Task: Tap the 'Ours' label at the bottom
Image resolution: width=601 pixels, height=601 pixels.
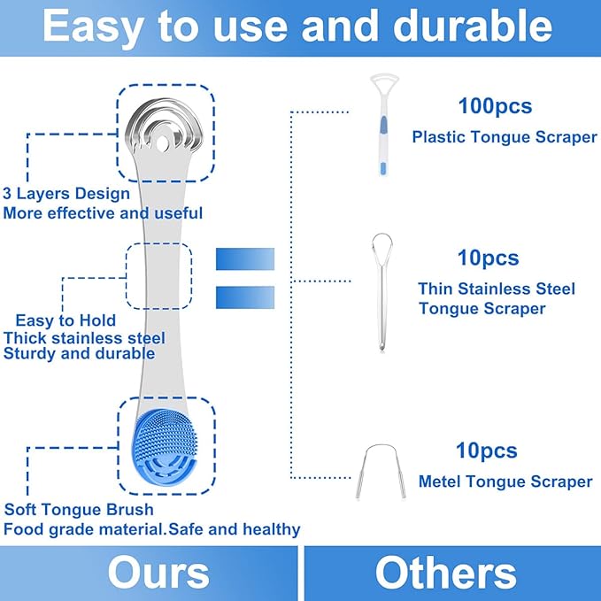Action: click(x=158, y=573)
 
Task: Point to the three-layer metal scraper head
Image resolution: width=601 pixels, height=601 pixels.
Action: click(x=164, y=130)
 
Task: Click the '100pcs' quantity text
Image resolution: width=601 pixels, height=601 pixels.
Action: click(x=495, y=106)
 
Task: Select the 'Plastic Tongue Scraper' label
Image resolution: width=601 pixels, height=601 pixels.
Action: click(x=504, y=137)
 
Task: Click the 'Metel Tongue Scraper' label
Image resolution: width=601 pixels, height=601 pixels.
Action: click(x=504, y=482)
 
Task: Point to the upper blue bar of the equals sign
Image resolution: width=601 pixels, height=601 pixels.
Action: click(x=245, y=259)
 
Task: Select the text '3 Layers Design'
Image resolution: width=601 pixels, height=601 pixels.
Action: click(x=66, y=193)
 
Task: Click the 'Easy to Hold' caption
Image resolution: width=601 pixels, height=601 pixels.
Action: click(x=65, y=320)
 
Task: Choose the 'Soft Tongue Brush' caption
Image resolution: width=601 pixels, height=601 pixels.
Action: click(x=79, y=510)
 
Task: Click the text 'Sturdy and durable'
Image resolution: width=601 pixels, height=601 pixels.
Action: click(x=80, y=354)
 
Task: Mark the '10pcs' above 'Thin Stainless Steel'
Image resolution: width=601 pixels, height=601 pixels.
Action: click(x=488, y=258)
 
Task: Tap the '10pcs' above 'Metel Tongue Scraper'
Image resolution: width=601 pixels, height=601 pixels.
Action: click(x=486, y=451)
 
